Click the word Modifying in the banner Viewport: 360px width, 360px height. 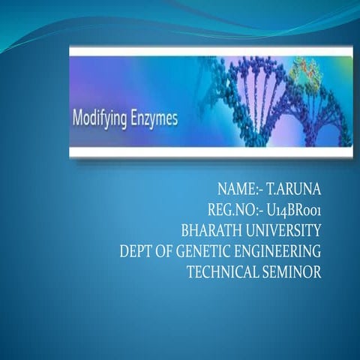tap(97, 118)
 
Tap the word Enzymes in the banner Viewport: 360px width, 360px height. tap(151, 118)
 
